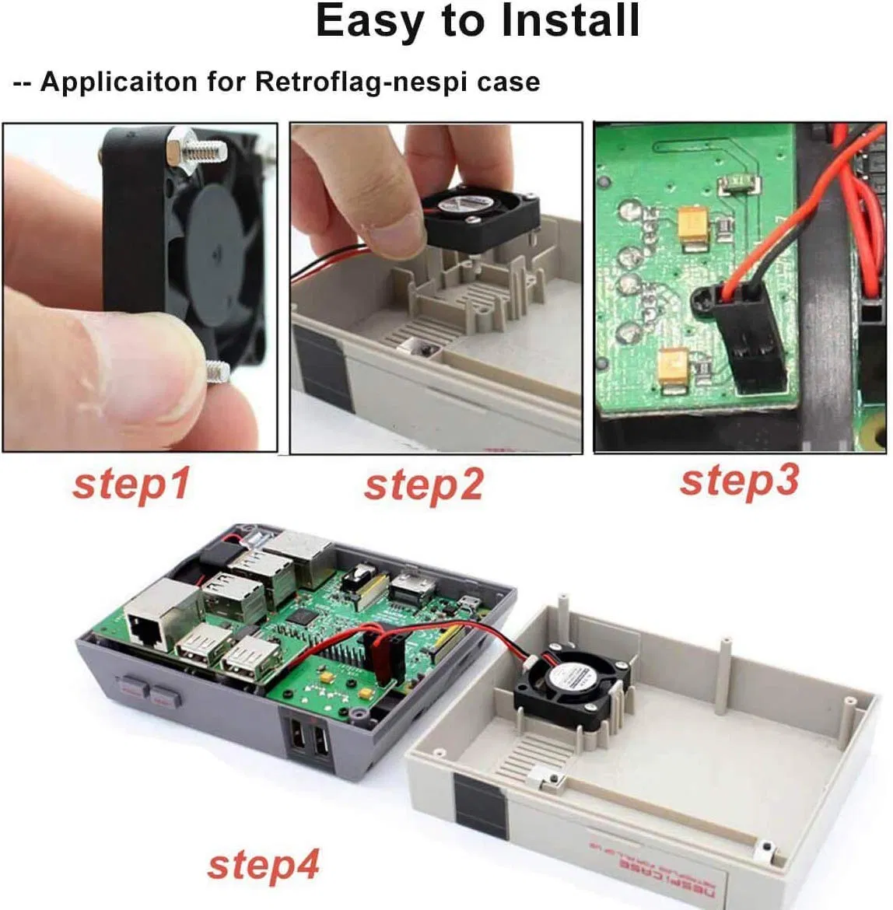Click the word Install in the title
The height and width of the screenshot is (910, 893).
tap(570, 21)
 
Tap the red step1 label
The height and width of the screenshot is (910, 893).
tap(131, 484)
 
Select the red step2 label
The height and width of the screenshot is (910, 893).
tap(423, 485)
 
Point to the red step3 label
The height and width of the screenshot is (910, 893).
tap(739, 481)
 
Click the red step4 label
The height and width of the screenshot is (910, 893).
tap(263, 864)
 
